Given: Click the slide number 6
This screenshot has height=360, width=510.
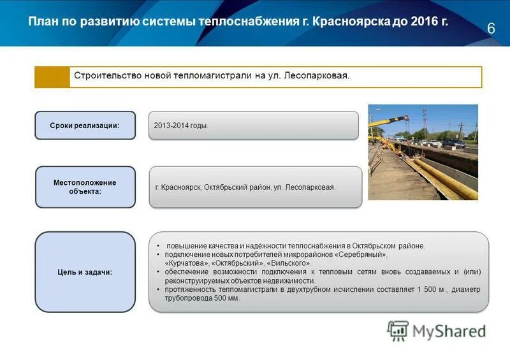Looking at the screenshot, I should click(491, 28).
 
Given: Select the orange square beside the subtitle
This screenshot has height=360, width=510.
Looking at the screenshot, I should click(52, 77).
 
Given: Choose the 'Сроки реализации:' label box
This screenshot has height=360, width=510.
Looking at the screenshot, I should click(85, 126).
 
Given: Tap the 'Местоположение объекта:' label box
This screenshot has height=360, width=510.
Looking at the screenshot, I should click(85, 187).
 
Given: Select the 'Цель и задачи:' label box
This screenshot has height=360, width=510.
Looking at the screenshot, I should click(85, 272).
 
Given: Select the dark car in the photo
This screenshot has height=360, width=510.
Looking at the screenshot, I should click(454, 143).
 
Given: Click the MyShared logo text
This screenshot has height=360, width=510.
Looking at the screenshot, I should click(449, 331).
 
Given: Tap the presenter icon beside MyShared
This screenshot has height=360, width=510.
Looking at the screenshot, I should click(398, 331).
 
